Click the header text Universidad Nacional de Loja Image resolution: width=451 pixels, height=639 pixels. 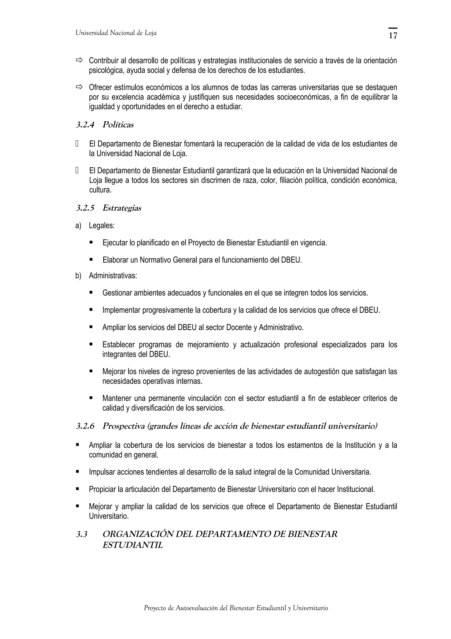click(x=116, y=33)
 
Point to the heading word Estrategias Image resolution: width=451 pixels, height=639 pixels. click(x=122, y=208)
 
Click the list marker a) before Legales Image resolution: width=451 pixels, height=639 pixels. click(x=78, y=225)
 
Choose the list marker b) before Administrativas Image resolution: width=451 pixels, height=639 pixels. click(x=78, y=276)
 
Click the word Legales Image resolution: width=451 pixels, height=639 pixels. click(x=102, y=225)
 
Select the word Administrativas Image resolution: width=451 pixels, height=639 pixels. click(x=113, y=276)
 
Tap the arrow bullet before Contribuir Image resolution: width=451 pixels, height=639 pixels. click(x=79, y=60)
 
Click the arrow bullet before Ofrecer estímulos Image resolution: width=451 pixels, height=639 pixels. click(x=79, y=87)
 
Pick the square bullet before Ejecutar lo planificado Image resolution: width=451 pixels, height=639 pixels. click(x=91, y=242)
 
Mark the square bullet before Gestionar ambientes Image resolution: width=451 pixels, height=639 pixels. click(x=91, y=293)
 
